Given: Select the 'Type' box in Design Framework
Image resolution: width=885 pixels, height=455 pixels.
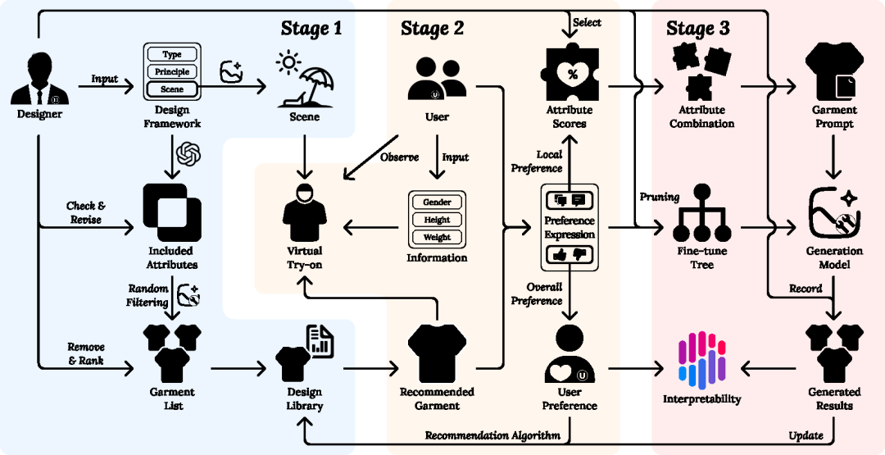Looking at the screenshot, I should pos(172,54).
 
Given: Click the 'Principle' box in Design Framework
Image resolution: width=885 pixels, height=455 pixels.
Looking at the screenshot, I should pos(172,71).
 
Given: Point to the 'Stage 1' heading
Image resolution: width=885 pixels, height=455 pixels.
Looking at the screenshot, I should pos(311,29).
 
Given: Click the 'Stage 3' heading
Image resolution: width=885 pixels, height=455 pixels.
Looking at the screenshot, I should pos(697,29).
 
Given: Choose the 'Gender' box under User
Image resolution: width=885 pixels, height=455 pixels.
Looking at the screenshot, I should pos(437,202).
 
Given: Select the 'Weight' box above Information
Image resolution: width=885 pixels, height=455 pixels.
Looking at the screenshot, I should pos(437,238).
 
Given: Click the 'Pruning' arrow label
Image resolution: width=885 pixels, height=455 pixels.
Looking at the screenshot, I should pos(660,197).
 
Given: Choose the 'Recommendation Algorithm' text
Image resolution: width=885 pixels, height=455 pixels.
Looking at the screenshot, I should pos(492,435).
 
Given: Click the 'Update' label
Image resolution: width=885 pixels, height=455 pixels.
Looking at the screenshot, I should pos(806,435).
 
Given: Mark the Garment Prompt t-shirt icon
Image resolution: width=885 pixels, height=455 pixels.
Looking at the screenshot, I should pos(834,73).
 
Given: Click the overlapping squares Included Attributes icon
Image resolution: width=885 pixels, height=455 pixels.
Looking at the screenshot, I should pos(172,210).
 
